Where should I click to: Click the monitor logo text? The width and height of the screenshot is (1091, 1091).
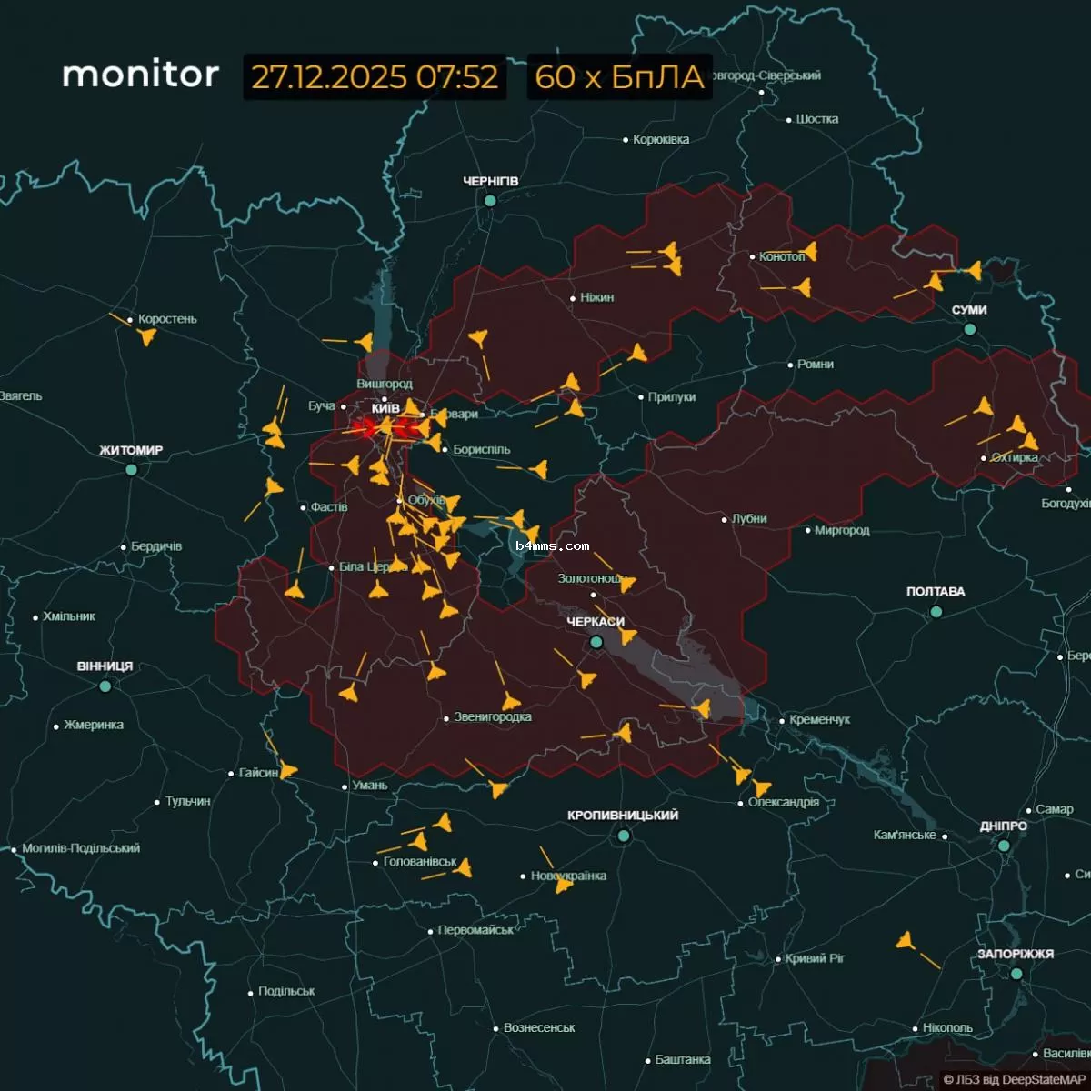(x=140, y=75)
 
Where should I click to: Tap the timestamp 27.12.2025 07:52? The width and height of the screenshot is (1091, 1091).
(x=375, y=77)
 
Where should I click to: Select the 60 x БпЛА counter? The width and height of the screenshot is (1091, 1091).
(x=619, y=77)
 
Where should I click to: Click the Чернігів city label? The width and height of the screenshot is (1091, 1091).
(x=491, y=182)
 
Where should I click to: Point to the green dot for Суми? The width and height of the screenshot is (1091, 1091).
(x=970, y=329)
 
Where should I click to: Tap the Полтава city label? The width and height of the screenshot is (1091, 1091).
(x=936, y=592)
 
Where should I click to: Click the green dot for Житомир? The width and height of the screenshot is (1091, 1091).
(x=131, y=469)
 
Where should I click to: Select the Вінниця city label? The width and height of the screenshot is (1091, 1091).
(x=105, y=666)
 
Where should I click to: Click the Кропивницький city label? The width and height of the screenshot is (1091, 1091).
(x=623, y=816)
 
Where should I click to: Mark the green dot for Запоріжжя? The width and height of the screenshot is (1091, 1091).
(x=1016, y=974)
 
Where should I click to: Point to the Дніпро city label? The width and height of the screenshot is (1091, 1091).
(x=1004, y=826)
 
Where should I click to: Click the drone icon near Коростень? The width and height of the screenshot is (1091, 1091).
(x=146, y=337)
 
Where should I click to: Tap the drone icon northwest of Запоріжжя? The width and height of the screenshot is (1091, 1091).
(x=905, y=941)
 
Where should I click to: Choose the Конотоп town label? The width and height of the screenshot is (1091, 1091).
(x=782, y=257)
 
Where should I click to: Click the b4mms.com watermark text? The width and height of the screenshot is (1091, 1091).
(x=552, y=546)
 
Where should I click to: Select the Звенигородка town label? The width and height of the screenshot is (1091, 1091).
(x=493, y=717)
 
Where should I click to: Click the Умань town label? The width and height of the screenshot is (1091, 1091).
(x=370, y=786)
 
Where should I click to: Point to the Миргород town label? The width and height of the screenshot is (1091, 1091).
(x=842, y=530)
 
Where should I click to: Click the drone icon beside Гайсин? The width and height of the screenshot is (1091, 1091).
(x=288, y=771)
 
